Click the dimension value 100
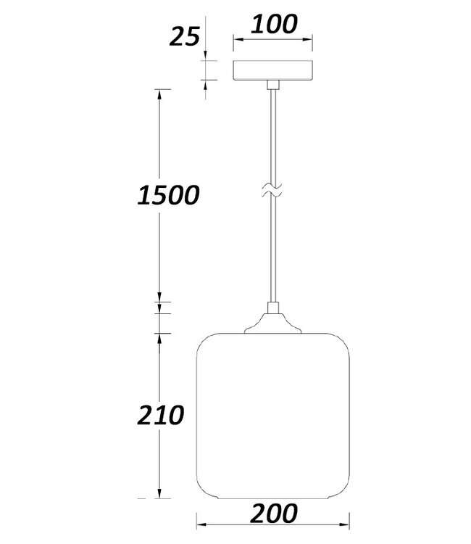(x=274, y=24)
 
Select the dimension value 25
(x=185, y=36)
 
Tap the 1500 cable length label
(x=168, y=194)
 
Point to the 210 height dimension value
(x=160, y=415)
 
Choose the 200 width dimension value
(x=273, y=513)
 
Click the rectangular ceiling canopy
(x=272, y=70)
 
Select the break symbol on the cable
(x=272, y=191)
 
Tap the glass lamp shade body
(x=273, y=416)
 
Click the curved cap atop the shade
(x=272, y=323)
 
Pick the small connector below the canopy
(x=273, y=85)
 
